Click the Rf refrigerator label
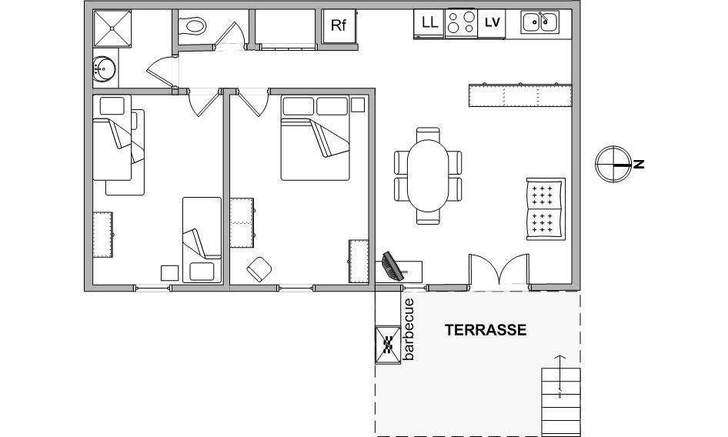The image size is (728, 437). click(339, 25)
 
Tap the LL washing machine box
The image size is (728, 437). click(429, 23)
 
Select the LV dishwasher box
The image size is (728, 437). click(492, 23)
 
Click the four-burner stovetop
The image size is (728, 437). click(462, 23)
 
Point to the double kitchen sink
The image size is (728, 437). click(539, 22)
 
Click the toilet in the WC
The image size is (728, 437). click(192, 25)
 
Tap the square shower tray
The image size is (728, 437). click(112, 28)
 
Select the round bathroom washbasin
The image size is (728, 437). click(104, 70)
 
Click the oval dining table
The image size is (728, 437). click(428, 176)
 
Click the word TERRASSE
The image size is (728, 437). click(486, 330)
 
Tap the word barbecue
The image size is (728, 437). click(409, 329)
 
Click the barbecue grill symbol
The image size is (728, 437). click(388, 344)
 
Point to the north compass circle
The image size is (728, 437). click(613, 164)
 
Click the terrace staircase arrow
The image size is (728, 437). click(560, 377)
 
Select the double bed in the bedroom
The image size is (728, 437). click(316, 138)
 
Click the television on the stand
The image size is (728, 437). click(392, 266)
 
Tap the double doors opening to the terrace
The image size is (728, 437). click(499, 269)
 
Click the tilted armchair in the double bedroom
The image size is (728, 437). click(259, 269)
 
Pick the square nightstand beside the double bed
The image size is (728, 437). click(358, 105)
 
